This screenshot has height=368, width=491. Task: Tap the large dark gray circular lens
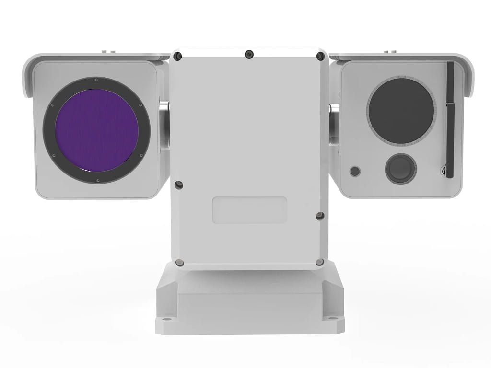click(401, 110)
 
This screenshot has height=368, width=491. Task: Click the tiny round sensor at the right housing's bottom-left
click(355, 171)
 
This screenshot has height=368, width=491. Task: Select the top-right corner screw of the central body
click(319, 57)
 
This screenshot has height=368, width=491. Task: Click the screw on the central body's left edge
click(178, 184)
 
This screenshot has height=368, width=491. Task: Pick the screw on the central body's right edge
click(320, 216)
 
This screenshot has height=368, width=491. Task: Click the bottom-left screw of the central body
click(179, 262)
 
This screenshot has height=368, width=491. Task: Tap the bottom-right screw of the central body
click(319, 261)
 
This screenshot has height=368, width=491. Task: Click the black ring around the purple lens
click(48, 129)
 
